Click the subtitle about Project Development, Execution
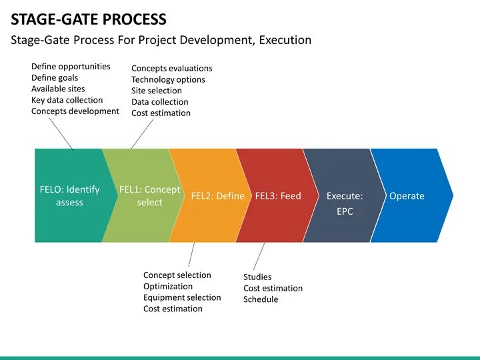pyautogui.click(x=161, y=40)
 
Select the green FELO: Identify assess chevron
pyautogui.click(x=69, y=195)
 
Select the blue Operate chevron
pyautogui.click(x=408, y=196)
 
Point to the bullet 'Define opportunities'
pyautogui.click(x=71, y=67)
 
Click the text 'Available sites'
pyautogui.click(x=58, y=89)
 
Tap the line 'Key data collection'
pyautogui.click(x=67, y=100)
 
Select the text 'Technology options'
pyautogui.click(x=168, y=79)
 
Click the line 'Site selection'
pyautogui.click(x=156, y=91)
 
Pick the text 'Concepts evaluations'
pyautogui.click(x=171, y=68)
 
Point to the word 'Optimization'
pyautogui.click(x=167, y=286)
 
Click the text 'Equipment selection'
pyautogui.click(x=181, y=297)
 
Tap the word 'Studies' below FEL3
pyautogui.click(x=257, y=277)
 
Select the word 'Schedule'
pyautogui.click(x=261, y=299)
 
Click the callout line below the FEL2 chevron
pyautogui.click(x=191, y=255)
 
